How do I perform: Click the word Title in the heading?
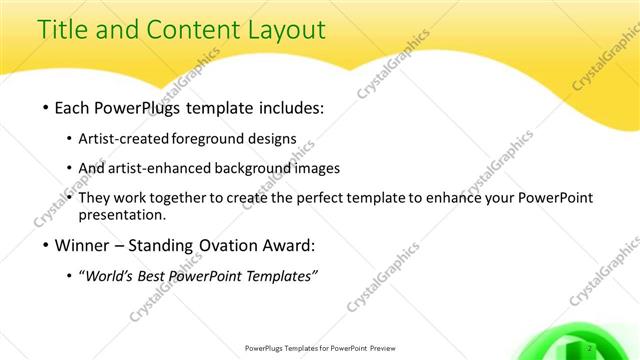point(62,29)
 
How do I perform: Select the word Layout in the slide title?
point(282,29)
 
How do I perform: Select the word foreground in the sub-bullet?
point(209,139)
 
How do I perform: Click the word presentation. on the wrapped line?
point(122,215)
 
